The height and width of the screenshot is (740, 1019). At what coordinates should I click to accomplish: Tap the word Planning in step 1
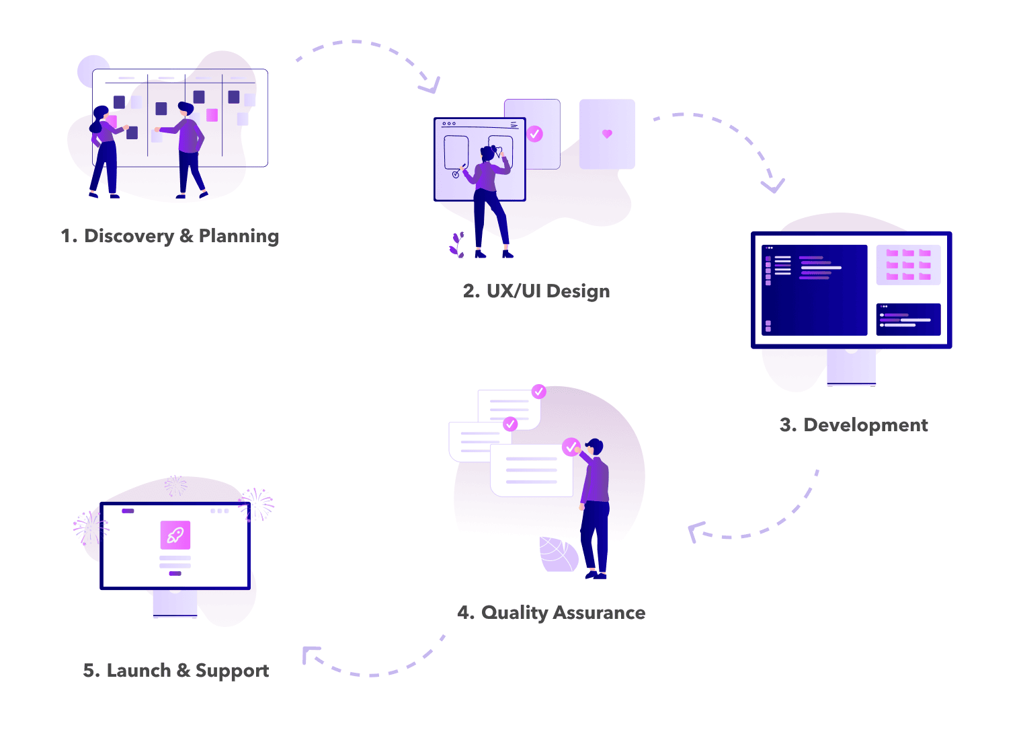tap(239, 236)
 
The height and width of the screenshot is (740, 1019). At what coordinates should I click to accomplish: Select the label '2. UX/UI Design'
tap(536, 291)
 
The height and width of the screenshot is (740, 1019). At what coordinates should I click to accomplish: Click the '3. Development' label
tap(854, 425)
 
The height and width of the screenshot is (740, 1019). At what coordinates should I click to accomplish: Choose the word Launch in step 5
tap(138, 671)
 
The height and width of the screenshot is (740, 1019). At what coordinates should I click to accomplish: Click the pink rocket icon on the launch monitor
tap(175, 535)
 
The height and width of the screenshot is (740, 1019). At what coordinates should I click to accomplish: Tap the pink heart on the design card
tap(607, 134)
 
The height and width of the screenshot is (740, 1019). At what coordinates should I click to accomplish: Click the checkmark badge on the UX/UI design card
tap(535, 134)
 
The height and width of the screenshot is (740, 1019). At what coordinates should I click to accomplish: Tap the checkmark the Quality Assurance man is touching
tap(571, 447)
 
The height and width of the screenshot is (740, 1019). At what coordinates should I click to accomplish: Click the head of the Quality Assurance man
tap(595, 447)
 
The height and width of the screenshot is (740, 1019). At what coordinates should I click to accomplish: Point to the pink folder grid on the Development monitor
tap(908, 264)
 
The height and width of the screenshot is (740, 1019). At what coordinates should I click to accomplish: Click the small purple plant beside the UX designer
tap(458, 245)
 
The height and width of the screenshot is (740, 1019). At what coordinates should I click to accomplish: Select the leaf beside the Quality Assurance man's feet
tap(558, 554)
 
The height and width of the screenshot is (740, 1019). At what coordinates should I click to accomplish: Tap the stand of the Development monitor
tap(851, 367)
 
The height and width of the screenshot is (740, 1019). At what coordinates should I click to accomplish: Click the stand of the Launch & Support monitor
tap(175, 603)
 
